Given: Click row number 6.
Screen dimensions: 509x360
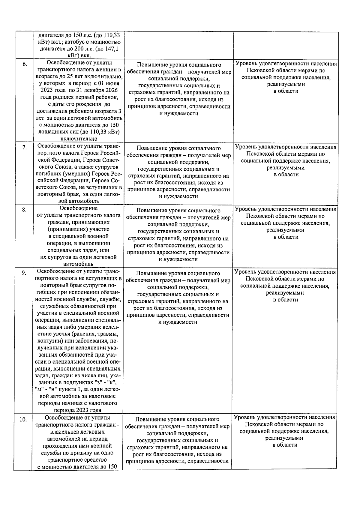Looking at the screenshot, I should click(x=25, y=64).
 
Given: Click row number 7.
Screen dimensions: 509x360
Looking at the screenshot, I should click(x=25, y=147).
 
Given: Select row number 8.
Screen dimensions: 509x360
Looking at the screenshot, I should click(x=24, y=210).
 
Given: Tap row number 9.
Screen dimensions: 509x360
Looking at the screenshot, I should click(x=24, y=273).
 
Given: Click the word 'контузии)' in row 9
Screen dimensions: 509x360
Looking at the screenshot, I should click(x=49, y=341).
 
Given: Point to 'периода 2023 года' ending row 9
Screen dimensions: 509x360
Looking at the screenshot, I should click(x=78, y=410).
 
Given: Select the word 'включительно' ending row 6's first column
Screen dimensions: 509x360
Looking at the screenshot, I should click(x=79, y=139).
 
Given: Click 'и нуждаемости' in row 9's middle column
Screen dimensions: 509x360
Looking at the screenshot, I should click(x=178, y=322).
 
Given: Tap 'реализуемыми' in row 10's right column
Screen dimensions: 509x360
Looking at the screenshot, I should click(x=284, y=438).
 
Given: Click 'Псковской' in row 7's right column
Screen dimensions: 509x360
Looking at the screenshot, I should click(x=259, y=154).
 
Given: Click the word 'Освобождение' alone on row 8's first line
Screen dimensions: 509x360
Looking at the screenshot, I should click(x=78, y=208).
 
